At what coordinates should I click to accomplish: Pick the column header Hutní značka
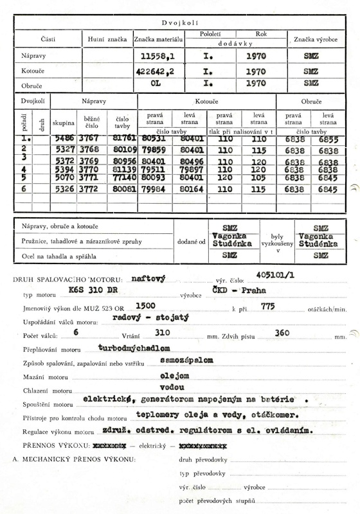point(106,40)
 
